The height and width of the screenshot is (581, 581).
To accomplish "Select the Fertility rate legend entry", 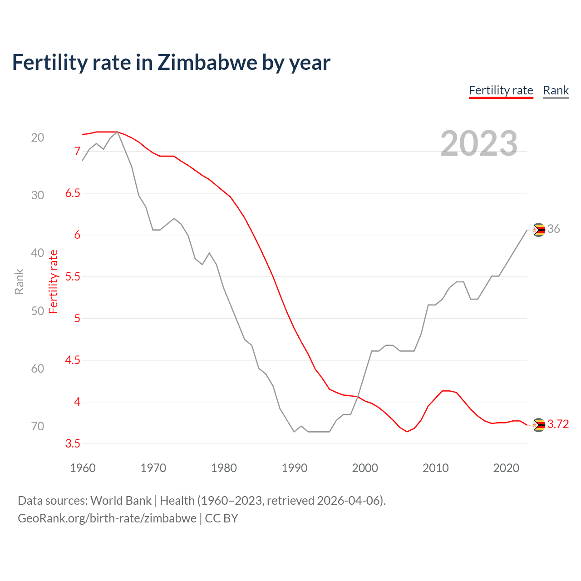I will click(x=501, y=90).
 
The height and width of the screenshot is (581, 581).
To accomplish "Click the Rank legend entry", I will click(x=556, y=90).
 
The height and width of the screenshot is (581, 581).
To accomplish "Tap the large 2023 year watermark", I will click(x=478, y=143).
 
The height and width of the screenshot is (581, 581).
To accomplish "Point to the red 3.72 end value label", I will click(x=558, y=424).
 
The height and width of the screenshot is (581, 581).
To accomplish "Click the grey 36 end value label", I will click(x=553, y=229).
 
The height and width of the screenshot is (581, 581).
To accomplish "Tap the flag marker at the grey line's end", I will click(x=538, y=230).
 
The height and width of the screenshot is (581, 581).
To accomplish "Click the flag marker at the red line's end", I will click(x=538, y=425).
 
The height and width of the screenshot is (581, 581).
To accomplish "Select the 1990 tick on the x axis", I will click(x=294, y=468).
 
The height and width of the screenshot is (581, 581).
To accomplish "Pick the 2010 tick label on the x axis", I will click(x=435, y=468).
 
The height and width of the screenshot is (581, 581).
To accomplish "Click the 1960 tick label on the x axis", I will click(x=83, y=468).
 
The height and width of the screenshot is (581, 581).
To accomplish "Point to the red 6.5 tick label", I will click(x=73, y=193).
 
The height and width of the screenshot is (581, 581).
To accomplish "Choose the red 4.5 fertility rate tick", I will click(x=73, y=360).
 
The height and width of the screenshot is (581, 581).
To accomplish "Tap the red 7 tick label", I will click(x=77, y=151).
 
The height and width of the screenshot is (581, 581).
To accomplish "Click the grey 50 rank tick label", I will click(x=38, y=311).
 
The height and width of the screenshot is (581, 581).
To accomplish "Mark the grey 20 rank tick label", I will click(x=38, y=138).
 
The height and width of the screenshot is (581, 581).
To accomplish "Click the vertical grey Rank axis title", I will click(x=19, y=281).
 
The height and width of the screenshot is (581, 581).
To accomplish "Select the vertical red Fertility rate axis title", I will click(x=54, y=281).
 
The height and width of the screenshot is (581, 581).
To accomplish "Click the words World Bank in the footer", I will click(x=121, y=501).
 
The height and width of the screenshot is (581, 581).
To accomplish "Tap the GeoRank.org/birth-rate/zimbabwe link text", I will click(x=107, y=518).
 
